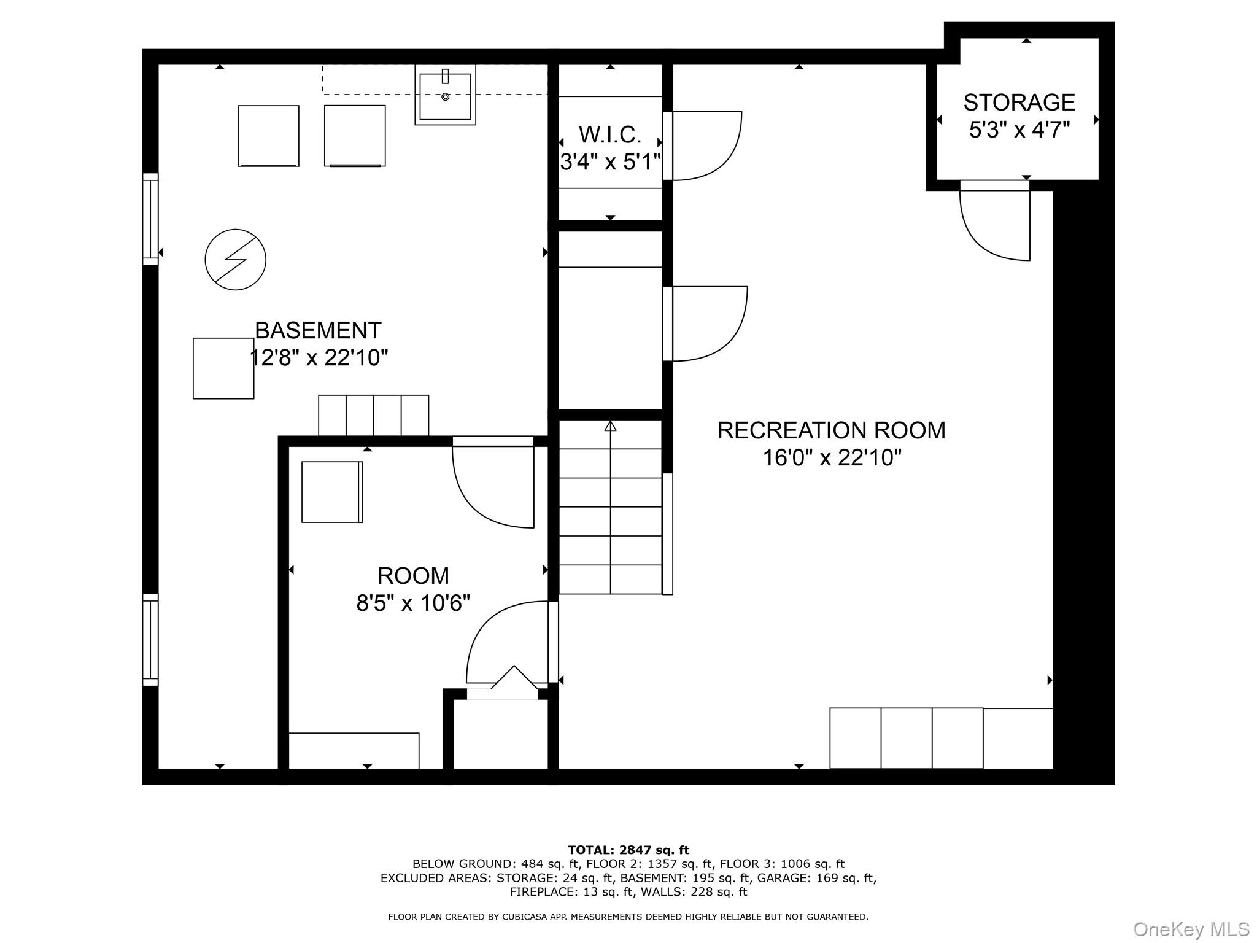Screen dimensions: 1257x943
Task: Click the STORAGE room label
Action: pyautogui.click(x=1019, y=102)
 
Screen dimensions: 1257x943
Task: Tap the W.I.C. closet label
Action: pyautogui.click(x=609, y=134)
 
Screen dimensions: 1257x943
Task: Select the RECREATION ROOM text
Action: pyautogui.click(x=832, y=430)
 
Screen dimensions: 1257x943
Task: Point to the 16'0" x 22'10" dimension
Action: pyautogui.click(x=832, y=457)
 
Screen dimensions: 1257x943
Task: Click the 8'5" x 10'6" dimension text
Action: pyautogui.click(x=413, y=603)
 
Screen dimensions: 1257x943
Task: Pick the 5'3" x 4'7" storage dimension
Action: pyautogui.click(x=1019, y=130)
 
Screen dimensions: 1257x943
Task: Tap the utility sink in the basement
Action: pyautogui.click(x=446, y=95)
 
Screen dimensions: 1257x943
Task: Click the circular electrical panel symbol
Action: pyautogui.click(x=236, y=260)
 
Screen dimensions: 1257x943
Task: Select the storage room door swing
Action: pyautogui.click(x=995, y=221)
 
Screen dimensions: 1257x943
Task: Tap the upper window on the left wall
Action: pyautogui.click(x=150, y=219)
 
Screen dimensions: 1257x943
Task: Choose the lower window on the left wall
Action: pyautogui.click(x=150, y=639)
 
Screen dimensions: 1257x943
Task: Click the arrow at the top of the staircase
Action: pyautogui.click(x=610, y=425)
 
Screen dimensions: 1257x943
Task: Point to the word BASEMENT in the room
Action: pyautogui.click(x=318, y=330)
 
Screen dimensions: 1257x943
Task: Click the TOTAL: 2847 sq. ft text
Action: pyautogui.click(x=628, y=850)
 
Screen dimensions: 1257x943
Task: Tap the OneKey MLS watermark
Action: pyautogui.click(x=1191, y=929)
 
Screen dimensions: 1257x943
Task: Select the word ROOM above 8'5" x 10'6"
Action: pyautogui.click(x=413, y=576)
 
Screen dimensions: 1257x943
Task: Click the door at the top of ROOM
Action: pyautogui.click(x=493, y=482)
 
